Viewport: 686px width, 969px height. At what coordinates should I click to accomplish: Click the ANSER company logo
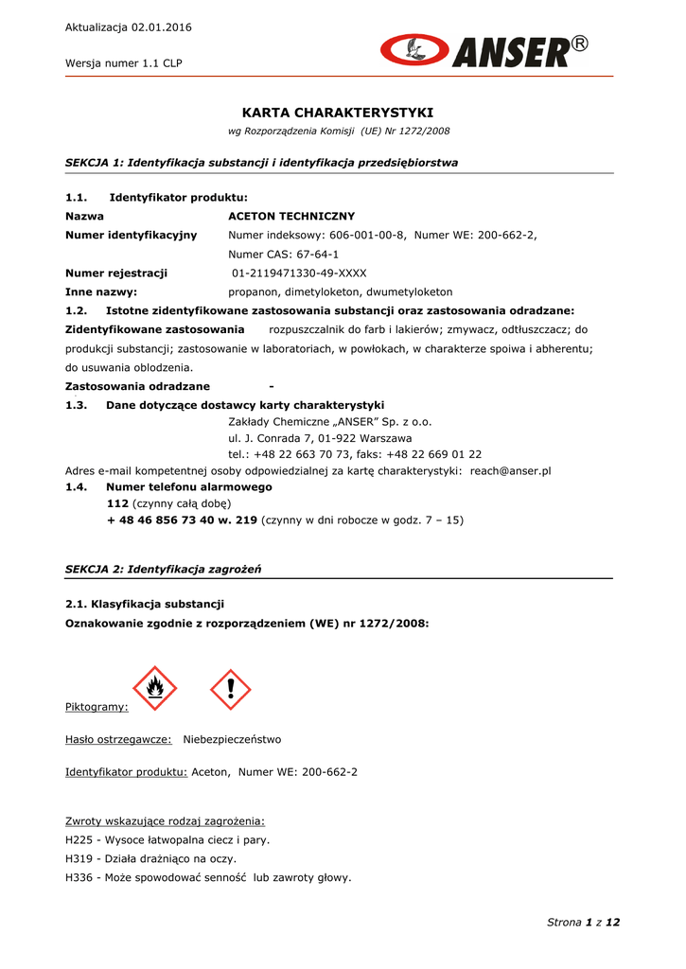[484, 50]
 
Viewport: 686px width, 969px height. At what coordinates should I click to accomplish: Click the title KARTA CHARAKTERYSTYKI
[338, 113]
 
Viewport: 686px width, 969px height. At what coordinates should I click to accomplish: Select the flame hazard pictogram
[154, 688]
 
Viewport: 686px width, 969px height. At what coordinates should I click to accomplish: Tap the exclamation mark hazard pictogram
[230, 688]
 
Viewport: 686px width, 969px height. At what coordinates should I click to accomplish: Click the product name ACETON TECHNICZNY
[291, 217]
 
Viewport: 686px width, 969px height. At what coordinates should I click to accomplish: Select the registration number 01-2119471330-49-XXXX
[299, 273]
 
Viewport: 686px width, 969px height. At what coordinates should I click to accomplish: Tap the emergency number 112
[117, 503]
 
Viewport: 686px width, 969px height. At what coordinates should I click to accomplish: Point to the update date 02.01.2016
[162, 27]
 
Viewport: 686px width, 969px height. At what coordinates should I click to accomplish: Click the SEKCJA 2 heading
[163, 569]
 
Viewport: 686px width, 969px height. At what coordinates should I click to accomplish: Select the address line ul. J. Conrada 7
[320, 438]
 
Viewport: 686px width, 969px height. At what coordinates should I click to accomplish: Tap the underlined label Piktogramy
[97, 707]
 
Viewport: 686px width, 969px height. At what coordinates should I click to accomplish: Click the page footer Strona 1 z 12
[583, 922]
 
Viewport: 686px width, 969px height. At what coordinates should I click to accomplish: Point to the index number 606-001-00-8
[367, 235]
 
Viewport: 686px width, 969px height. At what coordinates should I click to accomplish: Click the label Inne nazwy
[100, 292]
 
